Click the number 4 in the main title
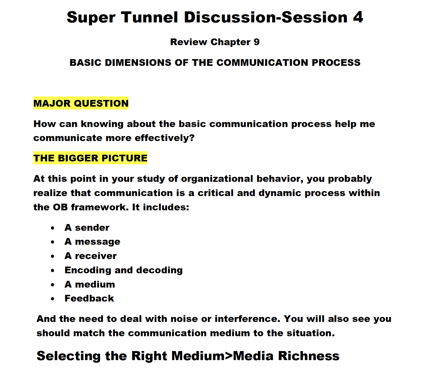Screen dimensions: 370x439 (358, 17)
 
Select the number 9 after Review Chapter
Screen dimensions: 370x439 (257, 42)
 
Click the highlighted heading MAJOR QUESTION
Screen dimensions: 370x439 (81, 103)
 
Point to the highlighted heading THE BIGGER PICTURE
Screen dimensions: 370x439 (90, 158)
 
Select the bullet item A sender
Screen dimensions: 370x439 (87, 228)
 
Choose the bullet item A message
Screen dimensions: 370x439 (92, 242)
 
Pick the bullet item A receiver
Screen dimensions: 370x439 (90, 256)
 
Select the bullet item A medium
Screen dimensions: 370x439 (89, 284)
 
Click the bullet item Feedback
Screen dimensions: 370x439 (89, 298)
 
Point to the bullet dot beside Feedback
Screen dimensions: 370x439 (52, 299)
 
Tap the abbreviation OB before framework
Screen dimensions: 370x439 (60, 207)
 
